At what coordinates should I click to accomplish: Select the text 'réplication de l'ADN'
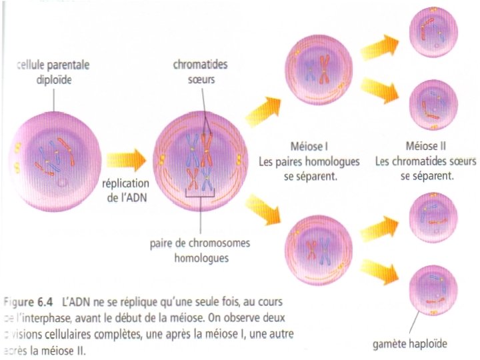coord(129,189)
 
